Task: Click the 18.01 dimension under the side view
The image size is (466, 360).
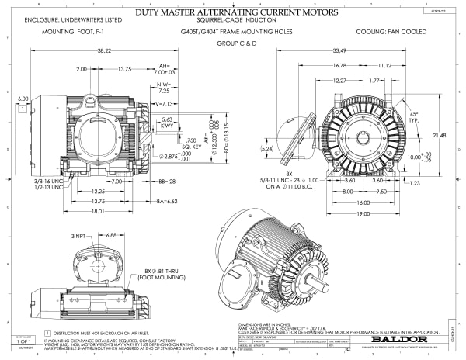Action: pyautogui.click(x=97, y=210)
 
